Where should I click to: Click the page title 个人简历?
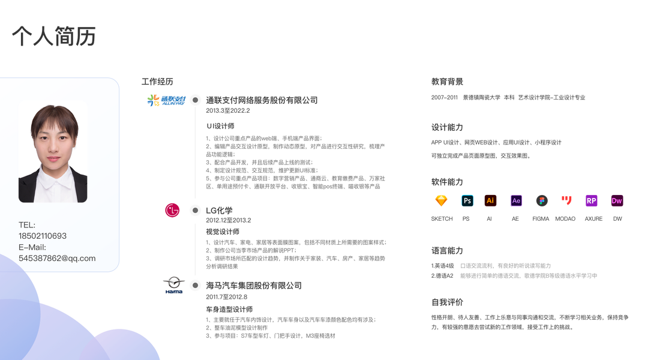53,37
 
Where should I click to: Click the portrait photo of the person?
53,152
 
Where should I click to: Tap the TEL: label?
27,225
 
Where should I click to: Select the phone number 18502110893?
43,236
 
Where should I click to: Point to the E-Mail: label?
32,247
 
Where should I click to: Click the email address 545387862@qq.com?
57,259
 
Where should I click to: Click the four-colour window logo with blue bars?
166,100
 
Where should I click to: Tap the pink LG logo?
172,211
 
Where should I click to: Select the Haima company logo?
175,286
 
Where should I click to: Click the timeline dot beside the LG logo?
195,211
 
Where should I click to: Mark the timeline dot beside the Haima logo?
195,286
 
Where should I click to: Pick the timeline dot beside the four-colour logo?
195,100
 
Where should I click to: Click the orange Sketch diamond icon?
441,201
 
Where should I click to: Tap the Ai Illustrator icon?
490,201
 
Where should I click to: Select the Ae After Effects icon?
516,201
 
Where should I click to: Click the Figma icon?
542,201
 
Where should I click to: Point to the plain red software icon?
566,201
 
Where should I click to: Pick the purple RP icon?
592,201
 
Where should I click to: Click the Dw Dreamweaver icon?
617,201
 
